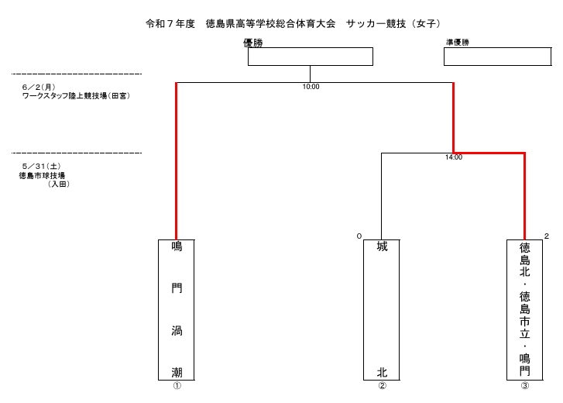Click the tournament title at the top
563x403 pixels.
[x=293, y=24]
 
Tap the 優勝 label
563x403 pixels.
[x=253, y=43]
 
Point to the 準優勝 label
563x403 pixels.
[x=458, y=43]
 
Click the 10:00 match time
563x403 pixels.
[x=311, y=87]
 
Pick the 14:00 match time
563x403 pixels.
[x=454, y=157]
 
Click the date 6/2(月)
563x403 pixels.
[x=39, y=88]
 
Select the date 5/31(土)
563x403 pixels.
[x=41, y=167]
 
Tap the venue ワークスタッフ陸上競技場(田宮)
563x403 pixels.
[x=76, y=96]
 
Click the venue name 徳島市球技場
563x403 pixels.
[x=42, y=176]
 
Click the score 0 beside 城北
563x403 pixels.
[x=359, y=236]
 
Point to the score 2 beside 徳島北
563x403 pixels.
[x=547, y=236]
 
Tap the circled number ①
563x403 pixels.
[x=177, y=386]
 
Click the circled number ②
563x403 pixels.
[x=383, y=386]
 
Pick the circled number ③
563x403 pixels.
[x=525, y=386]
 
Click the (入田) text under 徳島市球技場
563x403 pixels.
[x=59, y=184]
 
